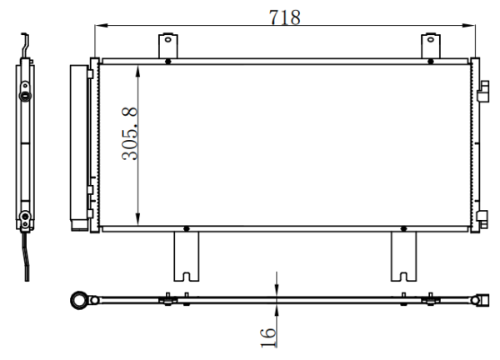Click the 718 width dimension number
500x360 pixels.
284,17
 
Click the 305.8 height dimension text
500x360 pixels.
129,133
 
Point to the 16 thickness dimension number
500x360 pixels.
267,337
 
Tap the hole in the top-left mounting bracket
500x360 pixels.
168,40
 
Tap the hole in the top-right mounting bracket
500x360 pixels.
431,40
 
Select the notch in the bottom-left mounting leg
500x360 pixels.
186,277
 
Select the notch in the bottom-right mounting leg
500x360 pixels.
403,277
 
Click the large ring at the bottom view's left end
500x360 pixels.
79,300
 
